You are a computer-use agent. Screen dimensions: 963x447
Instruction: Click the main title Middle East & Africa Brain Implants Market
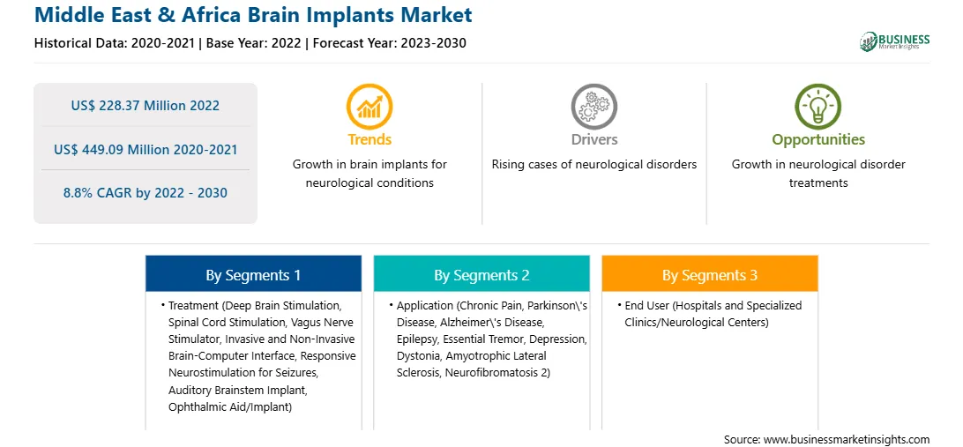pos(253,15)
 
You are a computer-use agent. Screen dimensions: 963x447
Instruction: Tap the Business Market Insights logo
pos(894,41)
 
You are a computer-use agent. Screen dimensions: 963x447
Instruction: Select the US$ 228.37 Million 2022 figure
pos(145,105)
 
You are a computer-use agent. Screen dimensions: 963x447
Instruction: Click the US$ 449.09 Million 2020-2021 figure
pos(145,149)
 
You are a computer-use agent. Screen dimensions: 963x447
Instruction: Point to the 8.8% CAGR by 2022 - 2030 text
pos(145,193)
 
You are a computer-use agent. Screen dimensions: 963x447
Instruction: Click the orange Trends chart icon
pos(370,106)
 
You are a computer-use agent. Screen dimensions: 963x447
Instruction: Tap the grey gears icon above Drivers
pos(593,106)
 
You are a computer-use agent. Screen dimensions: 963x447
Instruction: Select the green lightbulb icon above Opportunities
pos(818,106)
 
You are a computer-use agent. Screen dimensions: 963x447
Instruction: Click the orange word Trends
pos(370,139)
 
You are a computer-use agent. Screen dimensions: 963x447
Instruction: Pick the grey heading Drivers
pos(593,139)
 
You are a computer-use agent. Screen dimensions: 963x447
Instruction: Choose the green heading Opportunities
pos(818,140)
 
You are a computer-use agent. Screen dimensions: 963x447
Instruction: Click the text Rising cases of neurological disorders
pos(593,165)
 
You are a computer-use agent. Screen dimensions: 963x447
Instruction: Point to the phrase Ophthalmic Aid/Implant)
pos(229,406)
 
